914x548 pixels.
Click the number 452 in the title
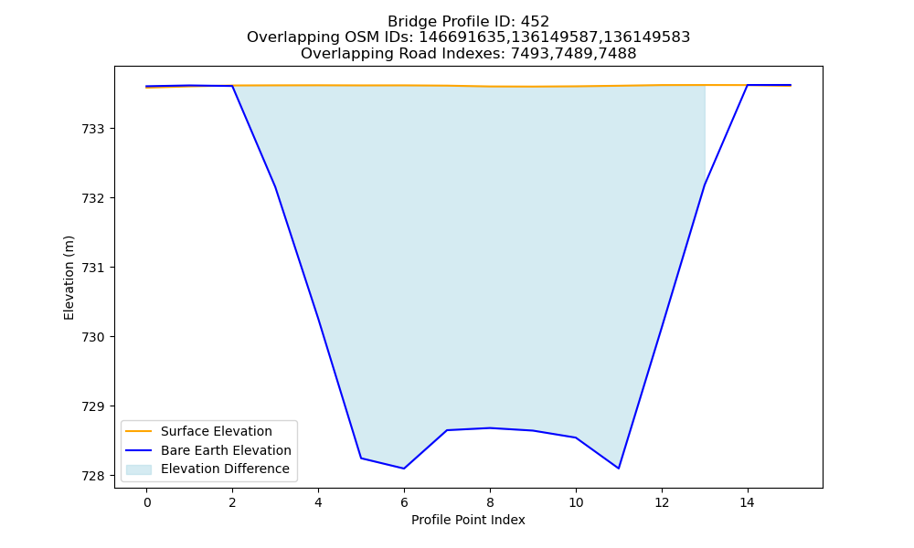tap(535, 22)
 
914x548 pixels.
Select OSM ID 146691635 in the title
tap(463, 37)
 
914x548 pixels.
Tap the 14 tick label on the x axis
tap(748, 502)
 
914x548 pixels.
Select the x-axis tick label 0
tap(147, 502)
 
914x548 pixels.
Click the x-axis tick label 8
tap(490, 502)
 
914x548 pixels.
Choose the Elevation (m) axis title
tap(69, 278)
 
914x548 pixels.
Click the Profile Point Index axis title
tap(468, 520)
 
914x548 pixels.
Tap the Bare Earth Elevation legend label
tap(226, 450)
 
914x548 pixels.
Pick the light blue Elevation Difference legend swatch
tap(139, 469)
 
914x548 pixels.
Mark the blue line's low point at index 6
tap(404, 469)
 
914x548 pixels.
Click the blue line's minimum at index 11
tap(619, 469)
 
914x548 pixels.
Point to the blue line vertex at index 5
tap(361, 458)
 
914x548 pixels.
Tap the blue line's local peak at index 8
tap(490, 428)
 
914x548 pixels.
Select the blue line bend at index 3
tap(275, 187)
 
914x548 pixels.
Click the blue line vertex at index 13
tap(705, 185)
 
